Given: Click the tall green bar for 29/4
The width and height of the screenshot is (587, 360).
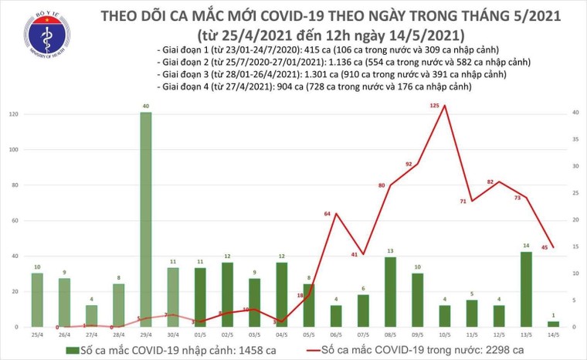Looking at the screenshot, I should click(145, 220).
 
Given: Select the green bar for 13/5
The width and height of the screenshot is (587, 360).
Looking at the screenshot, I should click(527, 290).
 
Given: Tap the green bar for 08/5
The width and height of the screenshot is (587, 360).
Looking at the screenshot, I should click(390, 292).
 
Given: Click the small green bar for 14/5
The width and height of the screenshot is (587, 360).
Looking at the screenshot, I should click(554, 324).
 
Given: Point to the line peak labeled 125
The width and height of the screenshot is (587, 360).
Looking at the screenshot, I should click(444, 105).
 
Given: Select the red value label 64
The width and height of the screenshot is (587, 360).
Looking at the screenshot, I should click(327, 212).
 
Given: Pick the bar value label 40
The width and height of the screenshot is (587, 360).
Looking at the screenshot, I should click(145, 106).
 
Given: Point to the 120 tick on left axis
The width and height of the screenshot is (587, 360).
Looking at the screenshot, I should click(12, 114).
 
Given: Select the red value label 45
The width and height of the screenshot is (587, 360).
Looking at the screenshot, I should click(545, 247).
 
